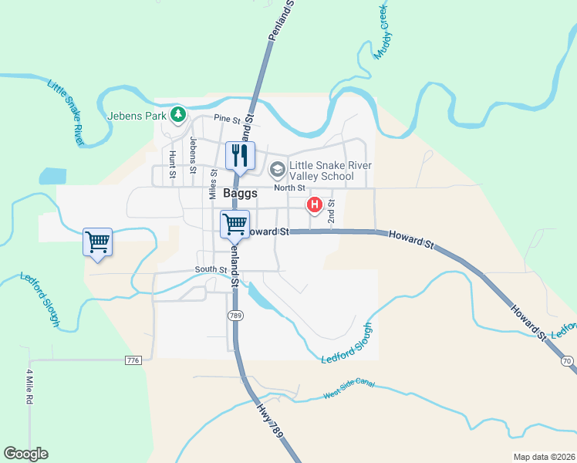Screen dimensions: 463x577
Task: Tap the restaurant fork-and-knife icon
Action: [240, 155]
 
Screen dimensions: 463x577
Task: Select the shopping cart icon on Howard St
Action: [235, 224]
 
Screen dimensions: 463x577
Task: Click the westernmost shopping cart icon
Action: [98, 242]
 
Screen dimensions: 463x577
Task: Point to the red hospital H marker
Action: [315, 204]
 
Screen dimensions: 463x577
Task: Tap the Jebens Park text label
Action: [138, 116]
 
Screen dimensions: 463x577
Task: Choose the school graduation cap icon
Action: [277, 169]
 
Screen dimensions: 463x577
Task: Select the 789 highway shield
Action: [236, 316]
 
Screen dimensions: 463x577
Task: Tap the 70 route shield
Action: [568, 360]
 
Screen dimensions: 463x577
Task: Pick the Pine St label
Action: [228, 119]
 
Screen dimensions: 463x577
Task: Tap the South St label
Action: [211, 269]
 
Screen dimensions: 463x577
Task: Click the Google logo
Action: [25, 454]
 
